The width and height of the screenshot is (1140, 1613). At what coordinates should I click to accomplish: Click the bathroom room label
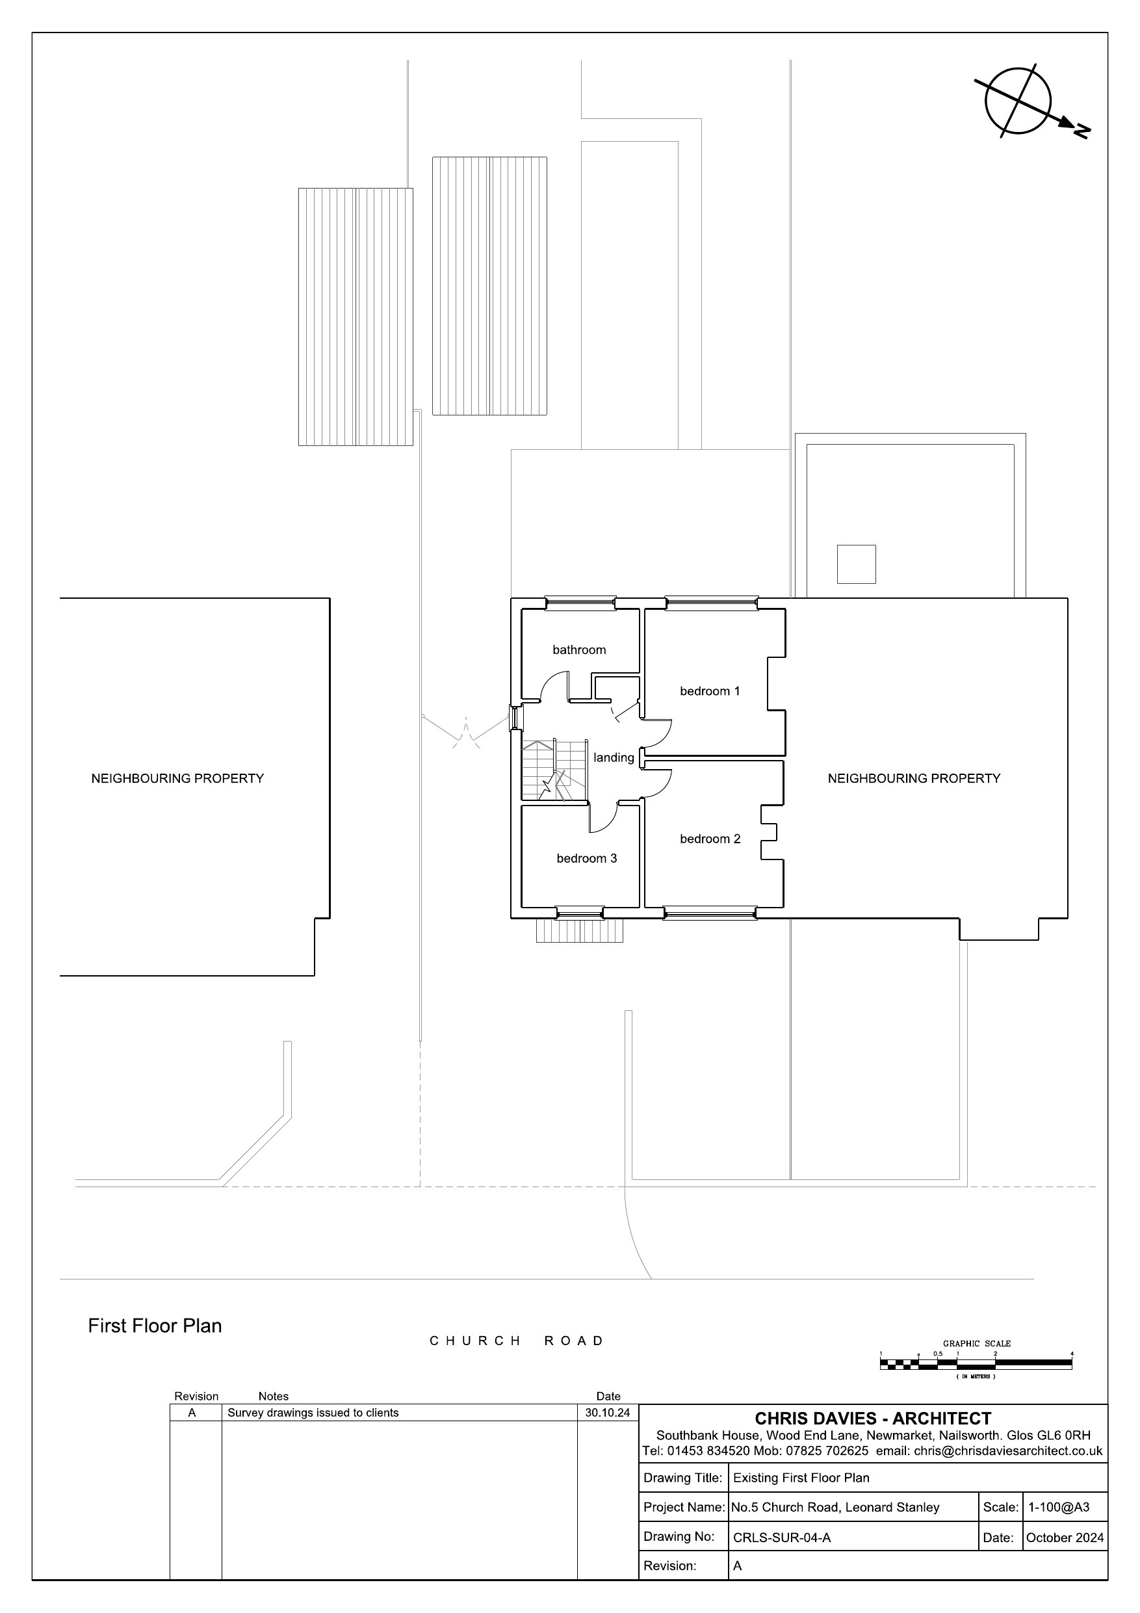pyautogui.click(x=579, y=650)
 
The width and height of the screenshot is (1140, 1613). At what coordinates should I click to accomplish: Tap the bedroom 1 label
pyautogui.click(x=710, y=691)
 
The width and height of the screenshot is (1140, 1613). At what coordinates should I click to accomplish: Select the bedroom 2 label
pyautogui.click(x=710, y=839)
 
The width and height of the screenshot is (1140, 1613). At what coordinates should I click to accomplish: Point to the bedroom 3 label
pyautogui.click(x=586, y=858)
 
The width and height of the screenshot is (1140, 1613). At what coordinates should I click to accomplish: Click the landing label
pyautogui.click(x=614, y=758)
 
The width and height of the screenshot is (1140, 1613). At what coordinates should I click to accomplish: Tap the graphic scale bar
pyautogui.click(x=976, y=1363)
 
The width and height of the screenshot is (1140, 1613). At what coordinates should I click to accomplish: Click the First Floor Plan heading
pyautogui.click(x=155, y=1326)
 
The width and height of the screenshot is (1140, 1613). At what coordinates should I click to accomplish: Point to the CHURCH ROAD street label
pyautogui.click(x=516, y=1341)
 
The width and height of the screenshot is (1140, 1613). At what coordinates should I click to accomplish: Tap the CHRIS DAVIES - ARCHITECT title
pyautogui.click(x=873, y=1419)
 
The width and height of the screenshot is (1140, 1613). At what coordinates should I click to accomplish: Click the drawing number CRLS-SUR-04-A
pyautogui.click(x=782, y=1538)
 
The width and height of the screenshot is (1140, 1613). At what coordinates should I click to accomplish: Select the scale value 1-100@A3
pyautogui.click(x=1059, y=1507)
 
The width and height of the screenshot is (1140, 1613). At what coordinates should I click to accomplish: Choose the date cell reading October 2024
pyautogui.click(x=1065, y=1538)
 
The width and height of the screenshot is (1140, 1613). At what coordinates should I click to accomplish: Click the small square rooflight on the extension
pyautogui.click(x=856, y=564)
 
